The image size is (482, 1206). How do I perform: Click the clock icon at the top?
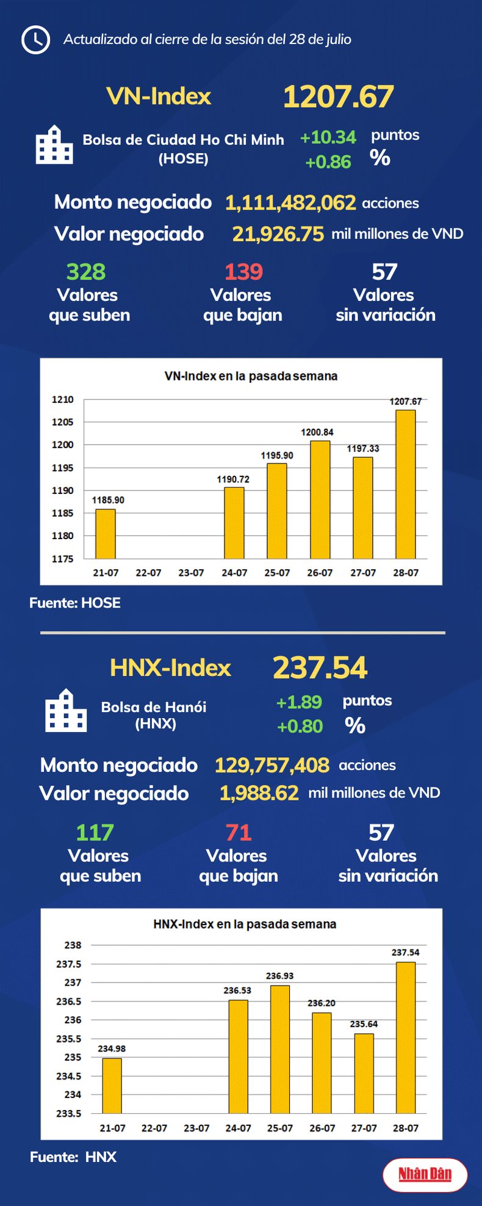35,40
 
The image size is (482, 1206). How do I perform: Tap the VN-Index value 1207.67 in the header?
338,97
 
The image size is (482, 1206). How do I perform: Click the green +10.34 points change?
328,137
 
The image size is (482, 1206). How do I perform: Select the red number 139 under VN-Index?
243,272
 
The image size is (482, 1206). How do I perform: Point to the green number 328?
86,272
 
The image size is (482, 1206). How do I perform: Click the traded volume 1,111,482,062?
290,203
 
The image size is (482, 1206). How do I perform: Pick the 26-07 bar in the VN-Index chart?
320,499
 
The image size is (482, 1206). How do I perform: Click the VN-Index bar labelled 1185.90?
106,534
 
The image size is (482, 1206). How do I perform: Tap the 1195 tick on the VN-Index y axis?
62,468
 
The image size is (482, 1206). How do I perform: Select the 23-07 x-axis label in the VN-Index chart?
191,573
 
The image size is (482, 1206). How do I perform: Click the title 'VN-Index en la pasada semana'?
251,376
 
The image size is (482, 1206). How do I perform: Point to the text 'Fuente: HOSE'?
75,603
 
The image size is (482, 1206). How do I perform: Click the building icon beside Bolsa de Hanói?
66,711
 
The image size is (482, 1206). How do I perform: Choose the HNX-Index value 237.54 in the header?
320,667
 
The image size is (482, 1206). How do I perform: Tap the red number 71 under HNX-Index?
238,832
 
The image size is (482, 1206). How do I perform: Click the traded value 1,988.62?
259,793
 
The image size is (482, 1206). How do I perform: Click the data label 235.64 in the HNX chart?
364,1024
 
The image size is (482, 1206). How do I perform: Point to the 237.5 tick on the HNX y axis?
69,964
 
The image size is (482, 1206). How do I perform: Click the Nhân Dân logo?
425,1174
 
